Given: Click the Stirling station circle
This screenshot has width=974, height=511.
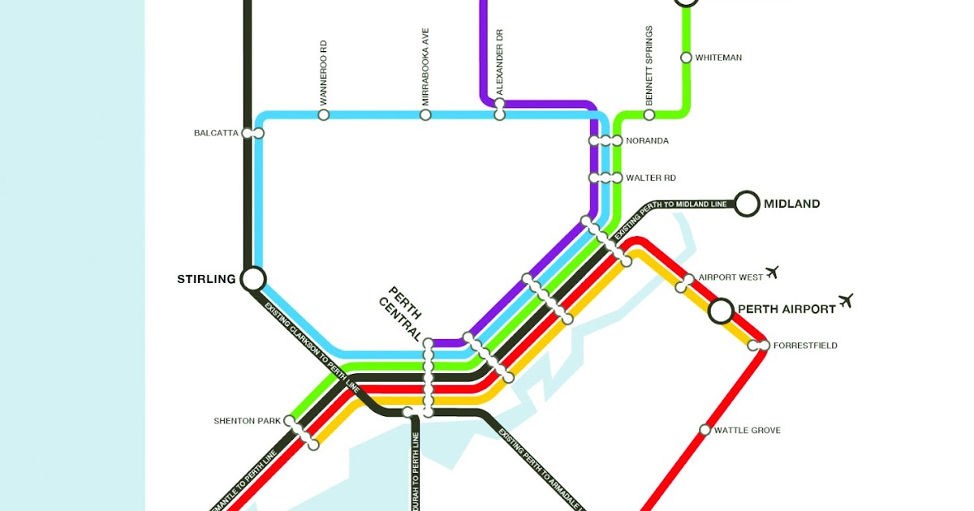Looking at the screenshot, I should click(x=252, y=279).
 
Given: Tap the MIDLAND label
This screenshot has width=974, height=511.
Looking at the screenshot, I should click(x=791, y=204).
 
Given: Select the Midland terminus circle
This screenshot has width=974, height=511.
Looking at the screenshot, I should click(x=747, y=204).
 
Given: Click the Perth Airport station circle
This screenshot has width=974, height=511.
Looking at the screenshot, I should click(x=721, y=310).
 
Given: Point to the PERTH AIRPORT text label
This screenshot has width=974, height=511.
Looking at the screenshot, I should click(x=786, y=309).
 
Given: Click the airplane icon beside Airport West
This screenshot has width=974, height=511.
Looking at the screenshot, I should click(x=772, y=272).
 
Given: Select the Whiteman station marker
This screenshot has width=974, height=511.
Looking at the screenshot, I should click(x=686, y=58).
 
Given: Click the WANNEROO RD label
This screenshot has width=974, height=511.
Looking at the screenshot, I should click(x=323, y=73).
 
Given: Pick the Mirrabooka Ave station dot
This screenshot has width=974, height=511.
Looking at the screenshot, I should click(x=425, y=115).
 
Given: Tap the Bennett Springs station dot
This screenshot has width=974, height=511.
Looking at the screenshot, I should click(x=649, y=115).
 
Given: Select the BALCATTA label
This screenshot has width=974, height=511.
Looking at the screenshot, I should click(x=216, y=133).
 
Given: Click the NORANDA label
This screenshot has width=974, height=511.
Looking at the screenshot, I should click(x=647, y=141).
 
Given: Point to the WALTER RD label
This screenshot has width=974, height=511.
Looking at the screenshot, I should click(x=650, y=178).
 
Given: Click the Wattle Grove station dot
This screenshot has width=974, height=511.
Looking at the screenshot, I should click(x=705, y=430).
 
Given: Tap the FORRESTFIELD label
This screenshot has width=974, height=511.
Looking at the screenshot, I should click(x=804, y=346).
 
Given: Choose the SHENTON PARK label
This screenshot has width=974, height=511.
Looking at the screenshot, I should click(x=247, y=421).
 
